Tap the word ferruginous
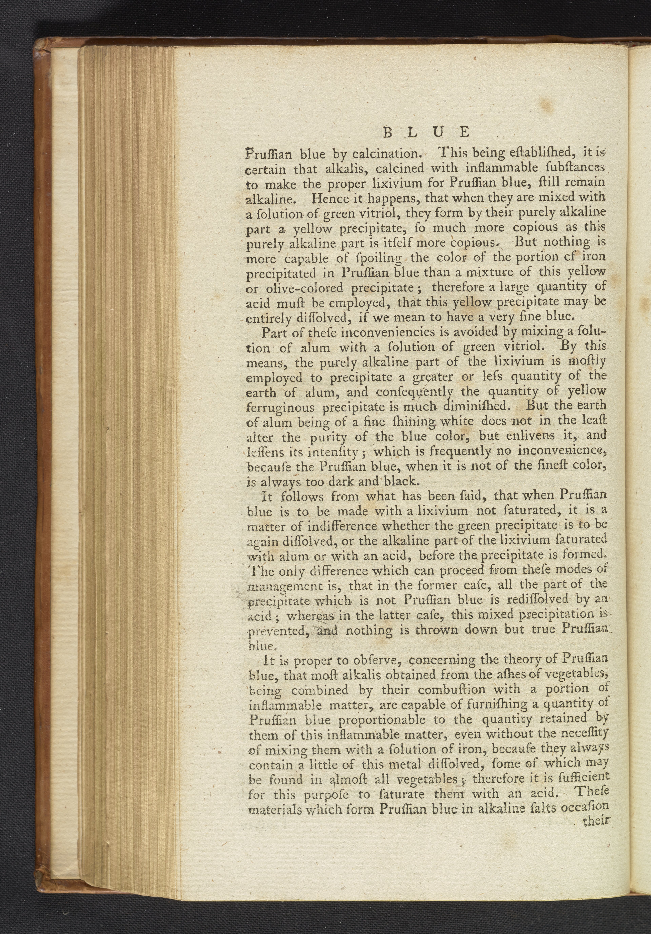(x=280, y=407)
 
